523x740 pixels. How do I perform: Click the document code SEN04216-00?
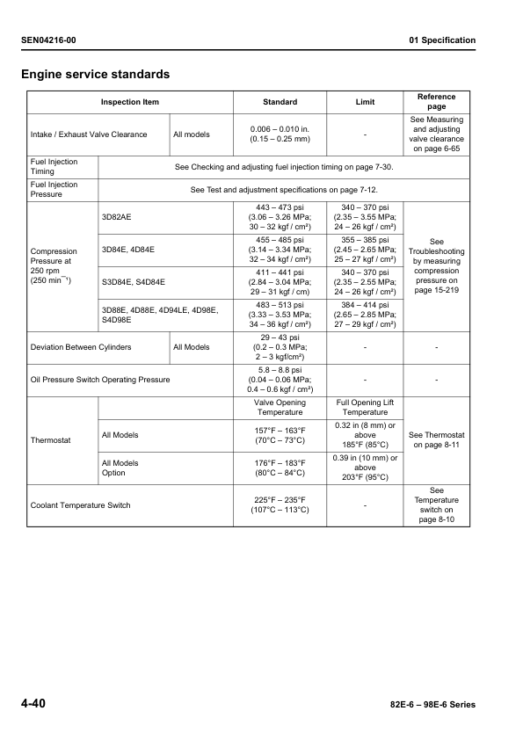pos(54,40)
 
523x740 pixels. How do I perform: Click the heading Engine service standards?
pos(95,74)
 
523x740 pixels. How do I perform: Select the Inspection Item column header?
pos(130,102)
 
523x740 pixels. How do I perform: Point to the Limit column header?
pos(364,102)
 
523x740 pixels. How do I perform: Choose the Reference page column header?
pos(436,102)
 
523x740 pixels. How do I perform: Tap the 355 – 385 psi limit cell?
pos(364,250)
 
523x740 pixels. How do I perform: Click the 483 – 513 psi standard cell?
pos(280,315)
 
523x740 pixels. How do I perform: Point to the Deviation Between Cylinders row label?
pos(81,347)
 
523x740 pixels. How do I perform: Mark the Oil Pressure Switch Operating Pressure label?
pos(100,380)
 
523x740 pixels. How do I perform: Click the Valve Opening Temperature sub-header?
pos(280,407)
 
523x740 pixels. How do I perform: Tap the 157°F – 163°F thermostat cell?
pos(280,434)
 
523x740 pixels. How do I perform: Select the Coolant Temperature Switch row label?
pos(81,505)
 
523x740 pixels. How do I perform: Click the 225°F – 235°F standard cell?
pos(280,505)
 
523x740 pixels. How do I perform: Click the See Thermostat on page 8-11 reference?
pos(436,439)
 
